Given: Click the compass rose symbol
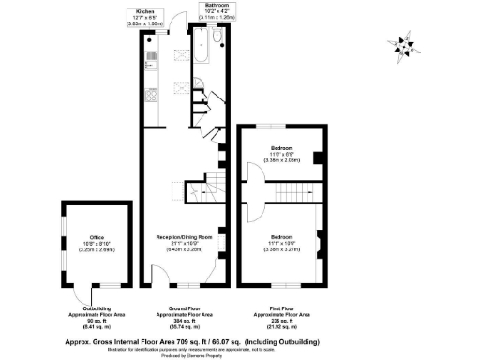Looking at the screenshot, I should point(405,44).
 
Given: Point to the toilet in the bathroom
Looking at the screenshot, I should point(217,38).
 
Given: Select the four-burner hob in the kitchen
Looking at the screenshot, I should point(151,99).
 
